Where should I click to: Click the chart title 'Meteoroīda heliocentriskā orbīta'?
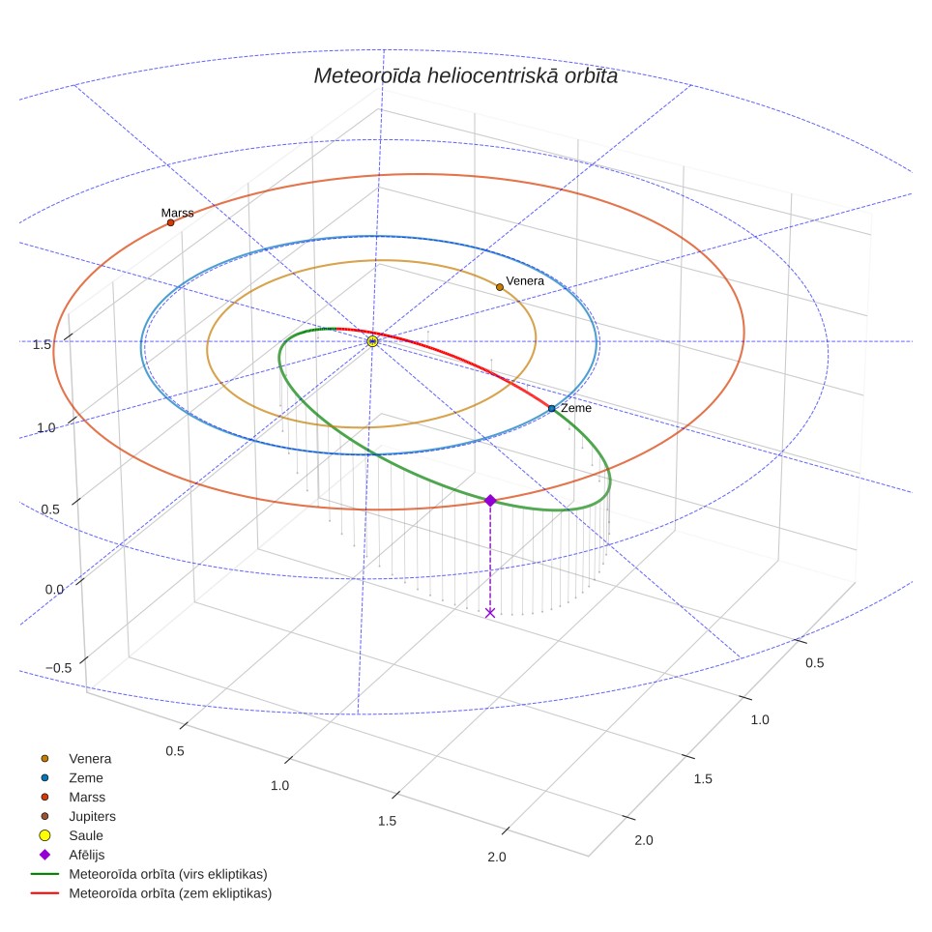coord(465,76)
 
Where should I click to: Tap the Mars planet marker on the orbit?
coord(170,223)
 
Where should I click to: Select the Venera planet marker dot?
coord(500,287)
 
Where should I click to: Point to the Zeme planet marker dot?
coord(552,408)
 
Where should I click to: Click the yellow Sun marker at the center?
coord(372,341)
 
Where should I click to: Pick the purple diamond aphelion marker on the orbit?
coord(490,501)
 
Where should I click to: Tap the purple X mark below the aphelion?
coord(490,613)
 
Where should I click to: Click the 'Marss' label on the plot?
coord(177,213)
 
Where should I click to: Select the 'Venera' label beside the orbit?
coord(525,281)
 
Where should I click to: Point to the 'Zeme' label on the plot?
coord(576,408)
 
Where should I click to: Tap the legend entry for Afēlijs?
coord(72,855)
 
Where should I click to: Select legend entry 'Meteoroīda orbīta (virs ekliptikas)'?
coord(149,874)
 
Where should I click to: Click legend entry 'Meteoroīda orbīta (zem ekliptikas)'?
coord(152,893)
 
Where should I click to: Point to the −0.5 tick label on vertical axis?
coord(58,668)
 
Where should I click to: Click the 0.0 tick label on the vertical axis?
coord(54,590)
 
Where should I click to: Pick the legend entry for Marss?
coord(73,797)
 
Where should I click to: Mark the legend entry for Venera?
coord(75,758)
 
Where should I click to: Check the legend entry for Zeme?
coord(72,777)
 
